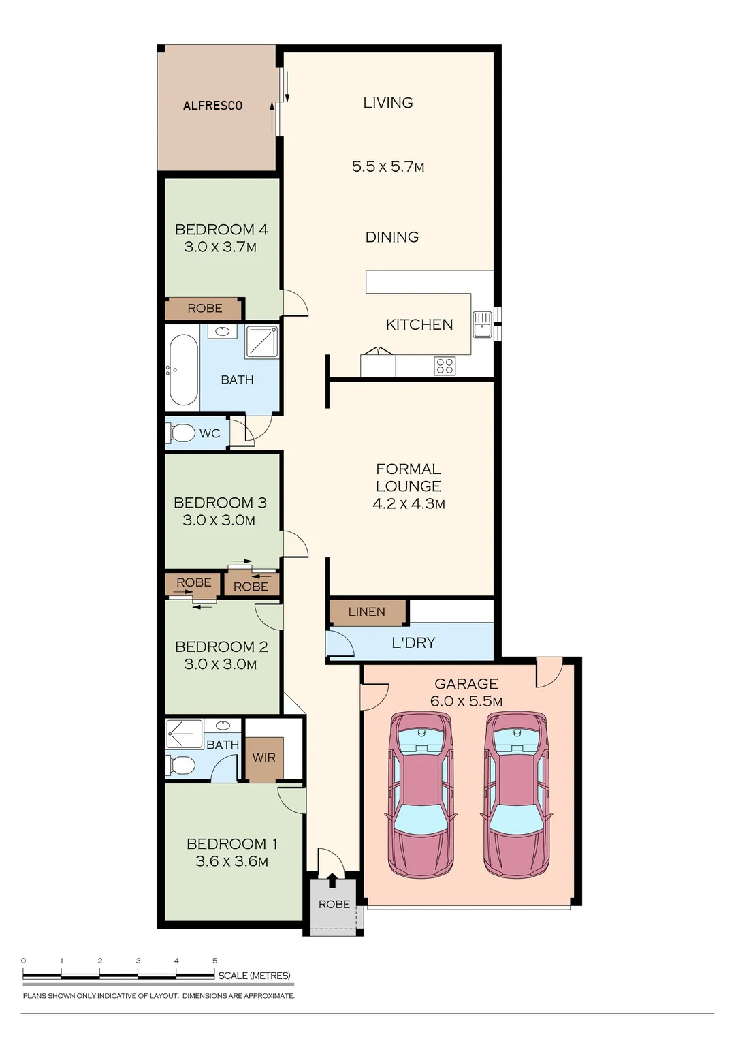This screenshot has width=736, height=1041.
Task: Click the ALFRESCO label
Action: (212, 106)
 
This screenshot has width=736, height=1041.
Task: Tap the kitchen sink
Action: (482, 324)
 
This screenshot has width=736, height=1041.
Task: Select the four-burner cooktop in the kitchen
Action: (445, 366)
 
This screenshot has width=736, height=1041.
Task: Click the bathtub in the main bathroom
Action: (183, 370)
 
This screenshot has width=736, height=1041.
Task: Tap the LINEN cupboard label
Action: (367, 612)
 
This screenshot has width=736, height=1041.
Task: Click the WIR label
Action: (263, 758)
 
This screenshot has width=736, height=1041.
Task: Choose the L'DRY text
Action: (413, 642)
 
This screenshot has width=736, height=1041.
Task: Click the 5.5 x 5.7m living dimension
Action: (387, 166)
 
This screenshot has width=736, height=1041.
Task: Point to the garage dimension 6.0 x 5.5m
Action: (466, 701)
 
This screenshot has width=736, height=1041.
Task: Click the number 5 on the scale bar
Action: (214, 961)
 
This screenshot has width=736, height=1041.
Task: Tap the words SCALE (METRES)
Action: (255, 976)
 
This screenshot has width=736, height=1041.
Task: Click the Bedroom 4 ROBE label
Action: (205, 308)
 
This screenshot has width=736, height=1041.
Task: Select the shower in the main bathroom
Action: (262, 342)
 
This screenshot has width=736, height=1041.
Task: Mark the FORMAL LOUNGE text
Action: (408, 478)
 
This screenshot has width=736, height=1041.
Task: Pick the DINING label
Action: (392, 237)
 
